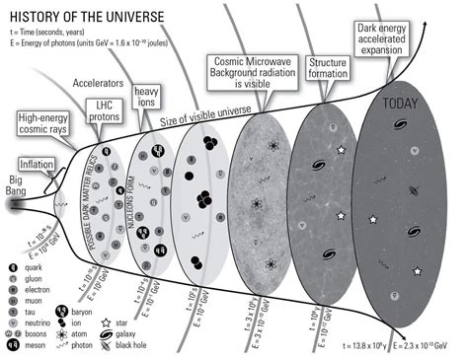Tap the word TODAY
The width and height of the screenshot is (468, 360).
click(x=407, y=102)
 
